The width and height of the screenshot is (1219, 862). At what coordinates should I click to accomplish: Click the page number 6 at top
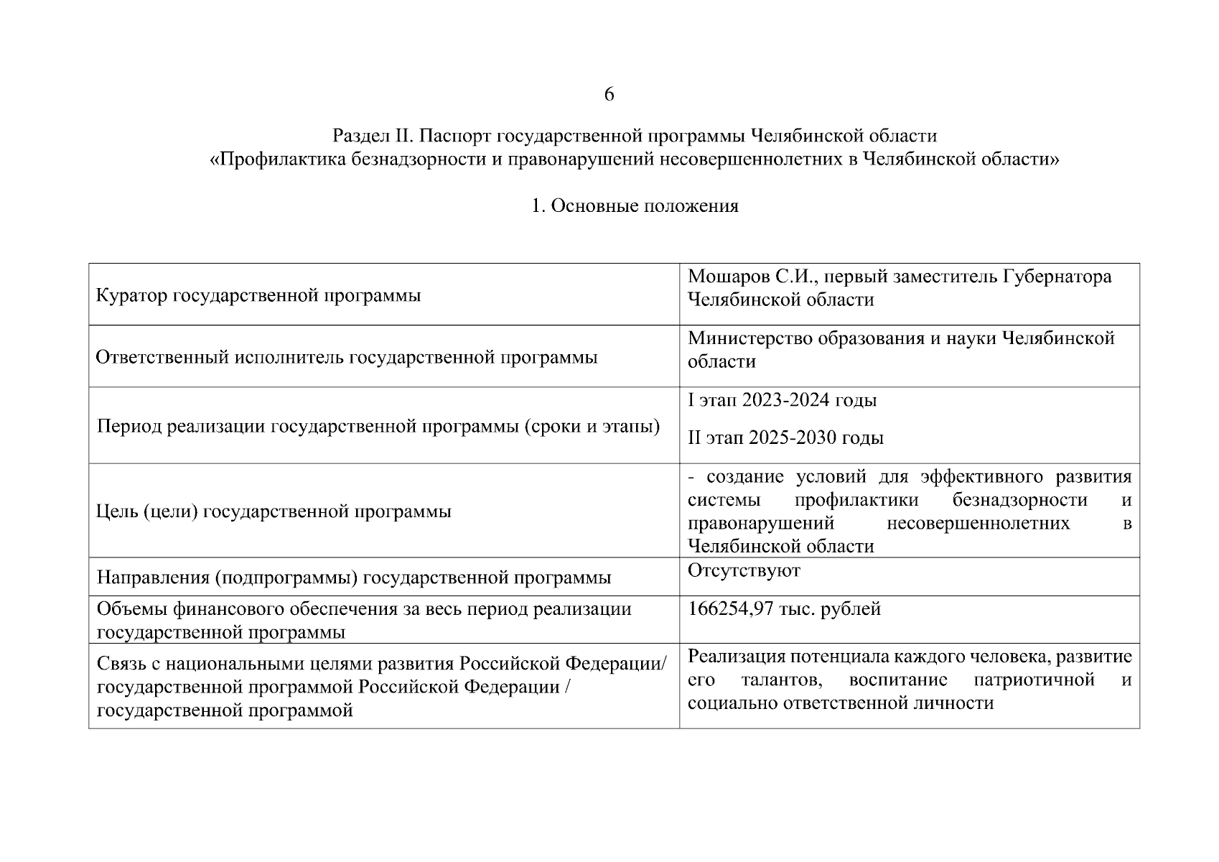click(609, 94)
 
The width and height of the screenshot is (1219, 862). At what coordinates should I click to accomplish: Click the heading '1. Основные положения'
click(635, 206)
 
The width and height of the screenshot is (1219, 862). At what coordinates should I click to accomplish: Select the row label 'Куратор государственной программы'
click(258, 295)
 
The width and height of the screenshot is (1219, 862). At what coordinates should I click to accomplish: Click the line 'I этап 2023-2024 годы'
click(782, 400)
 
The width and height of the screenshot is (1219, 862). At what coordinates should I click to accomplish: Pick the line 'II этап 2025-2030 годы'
click(785, 437)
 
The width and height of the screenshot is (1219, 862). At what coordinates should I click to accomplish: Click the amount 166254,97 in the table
click(730, 609)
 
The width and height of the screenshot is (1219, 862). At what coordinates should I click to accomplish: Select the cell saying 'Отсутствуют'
click(744, 570)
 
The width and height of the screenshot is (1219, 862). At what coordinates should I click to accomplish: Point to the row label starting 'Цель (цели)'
click(274, 511)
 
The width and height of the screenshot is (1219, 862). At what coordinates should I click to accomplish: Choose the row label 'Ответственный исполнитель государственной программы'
click(347, 357)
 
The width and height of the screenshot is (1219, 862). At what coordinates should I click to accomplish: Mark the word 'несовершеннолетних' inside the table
click(978, 523)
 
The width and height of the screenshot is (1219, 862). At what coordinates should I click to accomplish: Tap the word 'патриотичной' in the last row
click(1034, 680)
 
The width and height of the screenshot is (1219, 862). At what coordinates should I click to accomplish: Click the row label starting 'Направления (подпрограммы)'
click(354, 578)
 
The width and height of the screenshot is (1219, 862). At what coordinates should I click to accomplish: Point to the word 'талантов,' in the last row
click(782, 680)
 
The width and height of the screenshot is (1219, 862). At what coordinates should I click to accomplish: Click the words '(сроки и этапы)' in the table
click(592, 427)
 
